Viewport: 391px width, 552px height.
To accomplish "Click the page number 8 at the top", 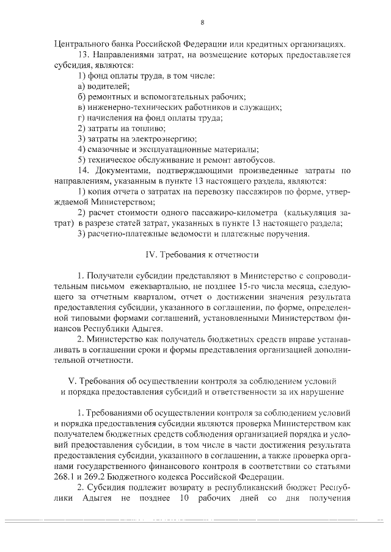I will point(202,23).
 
